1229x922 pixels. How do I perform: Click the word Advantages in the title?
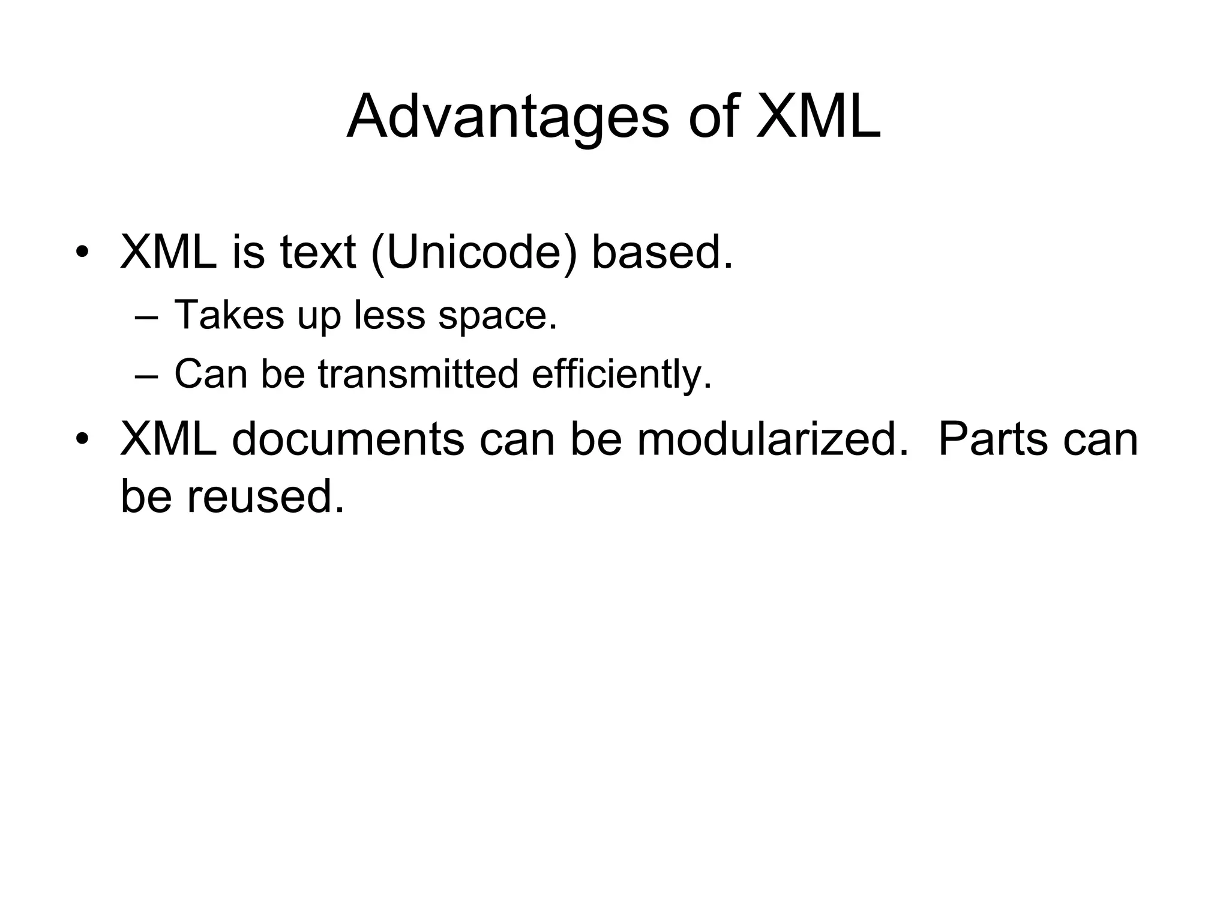pyautogui.click(x=507, y=118)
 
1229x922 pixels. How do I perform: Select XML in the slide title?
pyautogui.click(x=818, y=116)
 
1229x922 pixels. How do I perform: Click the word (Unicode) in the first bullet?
pyautogui.click(x=474, y=252)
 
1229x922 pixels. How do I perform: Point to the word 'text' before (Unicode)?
pyautogui.click(x=317, y=252)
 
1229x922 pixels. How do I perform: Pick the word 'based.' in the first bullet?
pyautogui.click(x=662, y=252)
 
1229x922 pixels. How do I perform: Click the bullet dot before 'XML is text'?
pyautogui.click(x=82, y=252)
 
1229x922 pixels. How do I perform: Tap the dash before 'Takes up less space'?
pyautogui.click(x=146, y=316)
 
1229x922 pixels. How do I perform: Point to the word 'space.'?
pyautogui.click(x=497, y=316)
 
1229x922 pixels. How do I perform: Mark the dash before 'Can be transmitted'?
pyautogui.click(x=146, y=375)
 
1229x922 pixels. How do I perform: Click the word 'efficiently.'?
pyautogui.click(x=622, y=375)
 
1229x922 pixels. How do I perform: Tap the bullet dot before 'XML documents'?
pyautogui.click(x=82, y=439)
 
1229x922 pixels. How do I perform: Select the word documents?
pyautogui.click(x=347, y=439)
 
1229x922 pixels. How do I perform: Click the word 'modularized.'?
pyautogui.click(x=773, y=439)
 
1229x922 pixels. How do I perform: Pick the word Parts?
pyautogui.click(x=993, y=439)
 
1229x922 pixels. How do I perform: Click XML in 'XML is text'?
pyautogui.click(x=168, y=252)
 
